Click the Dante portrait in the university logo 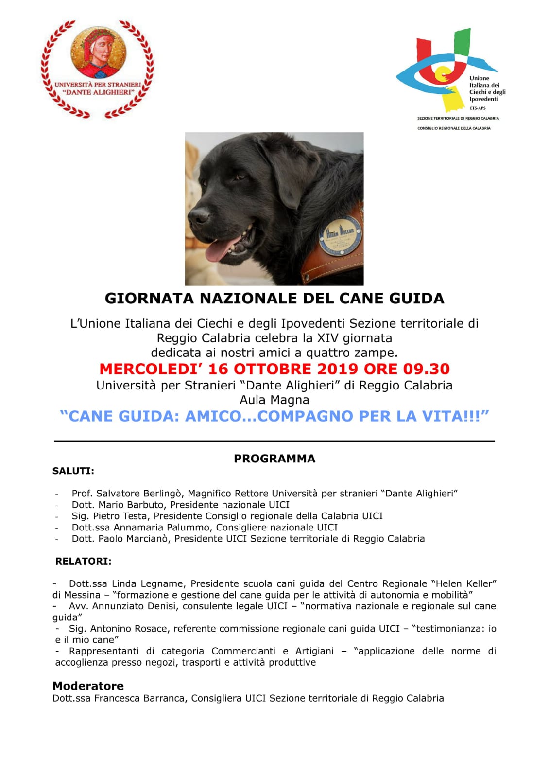click(99, 52)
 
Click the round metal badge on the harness click(340, 234)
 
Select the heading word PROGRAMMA click(274, 459)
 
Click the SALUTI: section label click(73, 471)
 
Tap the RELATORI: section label click(83, 561)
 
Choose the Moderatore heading click(88, 686)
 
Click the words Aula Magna click(274, 400)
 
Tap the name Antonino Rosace click(128, 629)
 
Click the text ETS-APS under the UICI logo click(478, 108)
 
